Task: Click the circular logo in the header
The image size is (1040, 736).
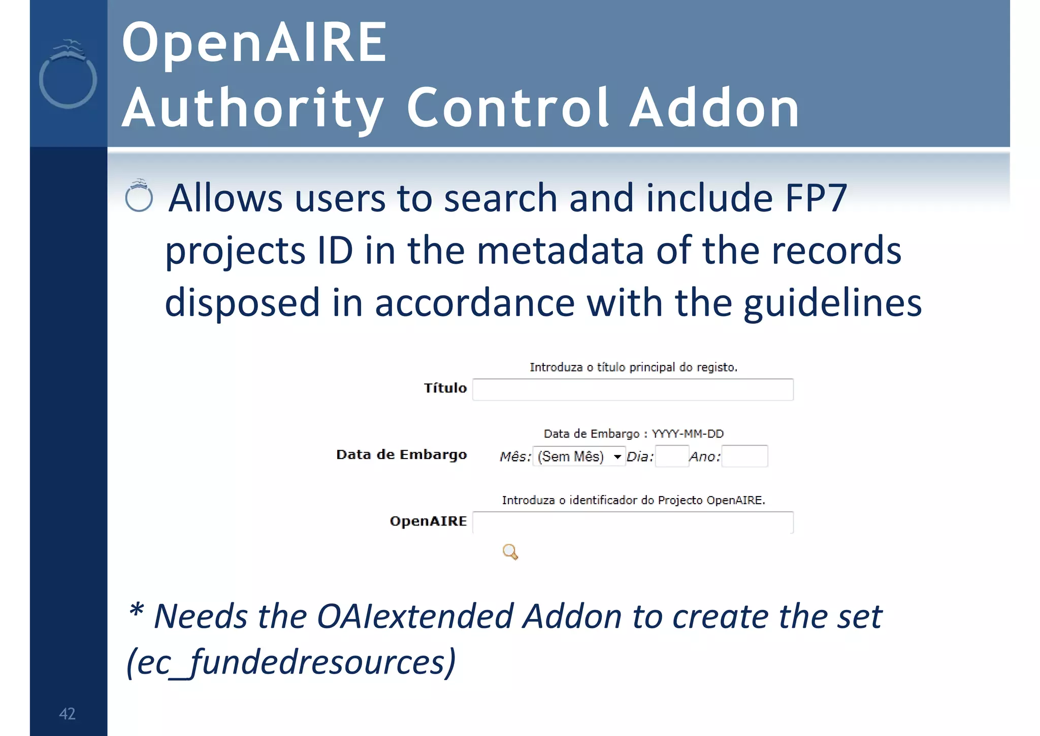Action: (68, 76)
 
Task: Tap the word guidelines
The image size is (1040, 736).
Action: (832, 303)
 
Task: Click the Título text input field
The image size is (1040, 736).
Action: (633, 390)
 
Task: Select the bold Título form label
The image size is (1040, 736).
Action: (445, 388)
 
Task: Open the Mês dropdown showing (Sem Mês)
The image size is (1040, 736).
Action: (579, 456)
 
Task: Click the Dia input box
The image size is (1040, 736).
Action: (672, 456)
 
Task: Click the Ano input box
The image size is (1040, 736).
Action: (744, 456)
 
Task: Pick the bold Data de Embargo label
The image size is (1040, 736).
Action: (401, 454)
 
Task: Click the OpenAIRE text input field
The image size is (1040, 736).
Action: (633, 523)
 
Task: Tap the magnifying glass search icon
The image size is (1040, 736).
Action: (510, 551)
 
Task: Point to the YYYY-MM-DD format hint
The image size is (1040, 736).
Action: (688, 434)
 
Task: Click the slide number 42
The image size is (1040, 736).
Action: (67, 714)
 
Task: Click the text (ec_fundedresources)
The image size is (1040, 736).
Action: (291, 662)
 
